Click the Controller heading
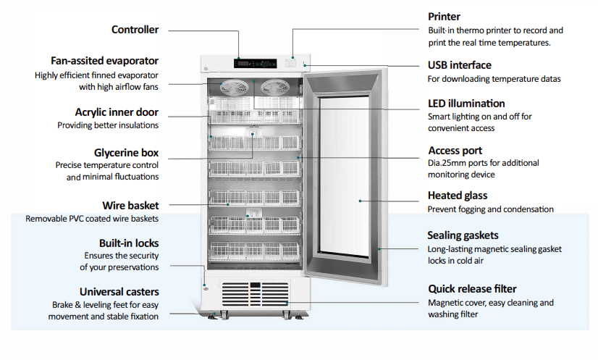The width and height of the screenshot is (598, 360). [x=135, y=30]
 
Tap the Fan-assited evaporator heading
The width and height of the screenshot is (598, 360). [x=104, y=61]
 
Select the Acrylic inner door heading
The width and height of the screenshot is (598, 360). [x=117, y=112]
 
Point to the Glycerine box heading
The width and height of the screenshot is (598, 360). [x=126, y=153]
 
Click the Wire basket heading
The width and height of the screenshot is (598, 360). [x=130, y=206]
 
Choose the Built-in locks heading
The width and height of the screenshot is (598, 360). [x=129, y=243]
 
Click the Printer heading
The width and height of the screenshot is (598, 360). [x=444, y=17]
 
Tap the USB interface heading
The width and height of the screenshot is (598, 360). [x=459, y=65]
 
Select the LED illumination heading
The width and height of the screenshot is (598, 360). [x=466, y=104]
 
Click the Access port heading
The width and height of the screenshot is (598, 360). [x=455, y=151]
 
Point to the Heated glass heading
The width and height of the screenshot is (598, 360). [x=458, y=196]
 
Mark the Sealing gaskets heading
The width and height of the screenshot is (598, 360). [x=463, y=235]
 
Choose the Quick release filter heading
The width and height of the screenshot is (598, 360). [x=472, y=288]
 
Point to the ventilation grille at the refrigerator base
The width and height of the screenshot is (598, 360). [x=254, y=296]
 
